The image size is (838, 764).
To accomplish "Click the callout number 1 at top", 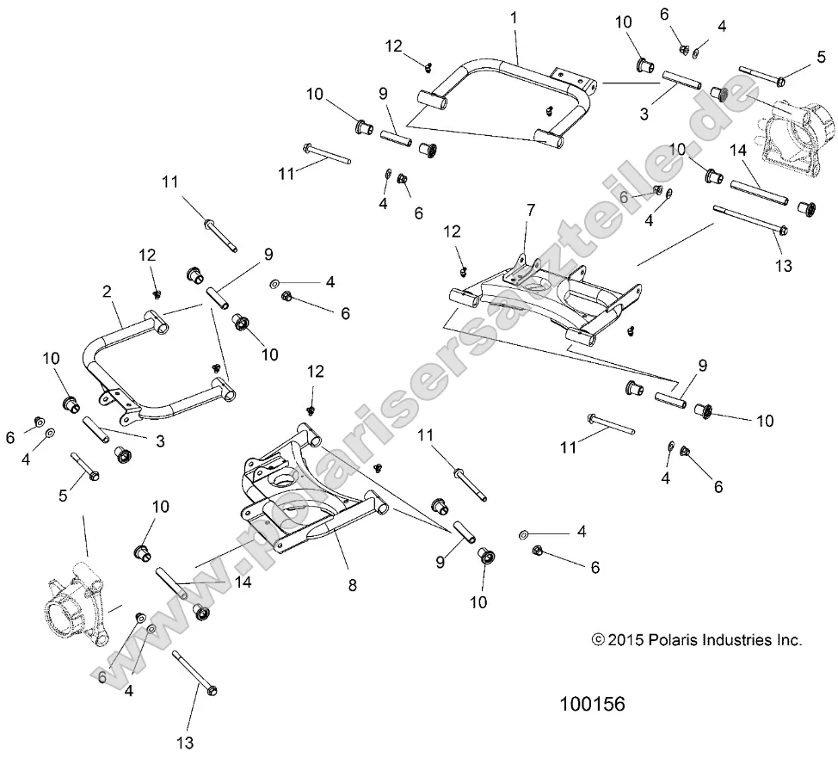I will point(515,17).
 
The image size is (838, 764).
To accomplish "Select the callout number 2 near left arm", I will point(107,292).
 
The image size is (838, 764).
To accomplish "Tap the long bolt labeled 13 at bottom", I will point(196,671).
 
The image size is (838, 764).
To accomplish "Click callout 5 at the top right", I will point(820,58).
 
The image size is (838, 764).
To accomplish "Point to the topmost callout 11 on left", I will point(169,182).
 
